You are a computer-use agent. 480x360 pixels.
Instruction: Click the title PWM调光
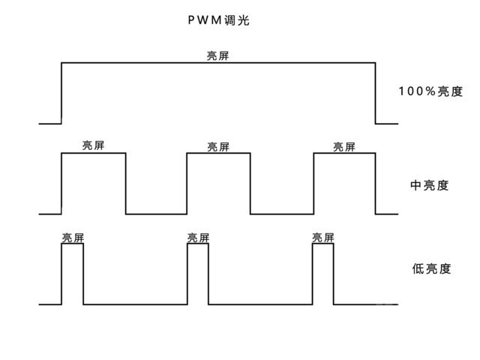click(217, 21)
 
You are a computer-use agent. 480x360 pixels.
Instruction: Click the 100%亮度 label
click(430, 92)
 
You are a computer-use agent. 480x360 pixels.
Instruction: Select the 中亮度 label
click(430, 185)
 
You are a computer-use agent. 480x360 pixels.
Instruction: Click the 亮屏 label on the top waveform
click(218, 56)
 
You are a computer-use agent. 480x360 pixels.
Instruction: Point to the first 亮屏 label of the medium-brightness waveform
click(94, 146)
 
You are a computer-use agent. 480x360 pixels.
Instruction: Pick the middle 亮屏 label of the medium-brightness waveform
click(218, 147)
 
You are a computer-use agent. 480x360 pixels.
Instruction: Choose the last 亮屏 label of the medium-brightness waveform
click(344, 147)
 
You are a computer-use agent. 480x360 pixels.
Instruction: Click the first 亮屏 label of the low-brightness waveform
click(73, 238)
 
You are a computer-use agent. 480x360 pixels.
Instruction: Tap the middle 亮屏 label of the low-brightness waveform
click(198, 238)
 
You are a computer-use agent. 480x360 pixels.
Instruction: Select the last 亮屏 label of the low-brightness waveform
click(323, 238)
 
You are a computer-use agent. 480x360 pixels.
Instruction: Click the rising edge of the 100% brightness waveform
click(61, 93)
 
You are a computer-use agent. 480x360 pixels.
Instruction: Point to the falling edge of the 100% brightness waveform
click(375, 93)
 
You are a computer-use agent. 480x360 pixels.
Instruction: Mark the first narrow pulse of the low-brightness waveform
click(73, 274)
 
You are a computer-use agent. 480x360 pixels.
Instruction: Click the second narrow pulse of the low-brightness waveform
click(198, 274)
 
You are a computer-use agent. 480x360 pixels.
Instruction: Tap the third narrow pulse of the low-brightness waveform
click(323, 274)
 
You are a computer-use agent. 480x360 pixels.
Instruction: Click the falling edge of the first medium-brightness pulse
click(125, 184)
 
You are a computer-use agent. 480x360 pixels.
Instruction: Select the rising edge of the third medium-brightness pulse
click(313, 184)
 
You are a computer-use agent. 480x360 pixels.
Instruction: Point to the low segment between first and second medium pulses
click(156, 214)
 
